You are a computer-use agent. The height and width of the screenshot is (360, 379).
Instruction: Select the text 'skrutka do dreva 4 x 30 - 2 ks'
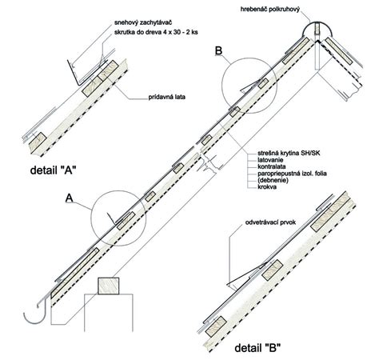[156, 33]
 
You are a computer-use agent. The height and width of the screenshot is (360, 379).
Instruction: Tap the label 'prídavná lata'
[167, 97]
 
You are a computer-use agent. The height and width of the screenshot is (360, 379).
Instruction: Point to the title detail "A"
[54, 170]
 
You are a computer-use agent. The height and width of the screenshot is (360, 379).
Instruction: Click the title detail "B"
[258, 348]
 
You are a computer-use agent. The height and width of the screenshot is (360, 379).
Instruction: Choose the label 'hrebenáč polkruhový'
[270, 10]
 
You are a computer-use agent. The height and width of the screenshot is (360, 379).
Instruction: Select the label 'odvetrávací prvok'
[270, 222]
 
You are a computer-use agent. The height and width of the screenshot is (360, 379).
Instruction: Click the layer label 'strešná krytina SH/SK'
[289, 153]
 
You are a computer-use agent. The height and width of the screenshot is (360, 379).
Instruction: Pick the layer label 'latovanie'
[270, 160]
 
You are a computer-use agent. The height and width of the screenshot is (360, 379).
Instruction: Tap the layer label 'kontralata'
[272, 166]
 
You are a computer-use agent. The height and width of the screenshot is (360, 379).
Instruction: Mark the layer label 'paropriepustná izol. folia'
[292, 174]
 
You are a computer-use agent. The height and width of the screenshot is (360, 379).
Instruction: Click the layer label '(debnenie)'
[273, 180]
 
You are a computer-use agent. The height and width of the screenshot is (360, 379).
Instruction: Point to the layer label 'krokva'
[267, 186]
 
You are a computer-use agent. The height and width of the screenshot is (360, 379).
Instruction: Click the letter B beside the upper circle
[218, 51]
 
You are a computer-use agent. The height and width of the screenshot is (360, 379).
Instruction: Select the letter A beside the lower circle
[70, 198]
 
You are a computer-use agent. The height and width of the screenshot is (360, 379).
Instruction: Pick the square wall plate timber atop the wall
[108, 286]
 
